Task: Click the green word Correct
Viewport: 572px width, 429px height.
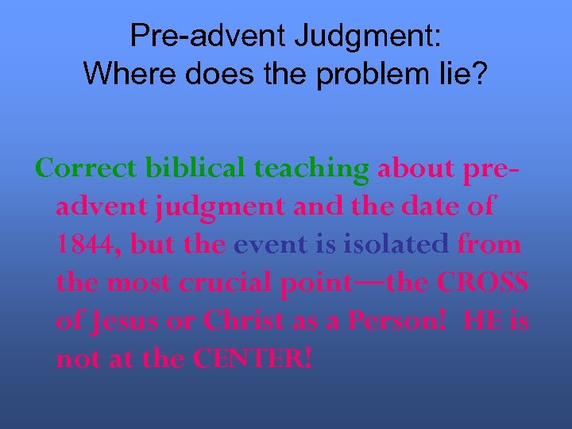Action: (x=87, y=168)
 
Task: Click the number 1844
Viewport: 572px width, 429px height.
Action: (x=87, y=245)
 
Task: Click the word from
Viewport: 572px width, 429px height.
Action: (x=490, y=244)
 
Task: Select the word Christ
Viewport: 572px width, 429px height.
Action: (x=245, y=320)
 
